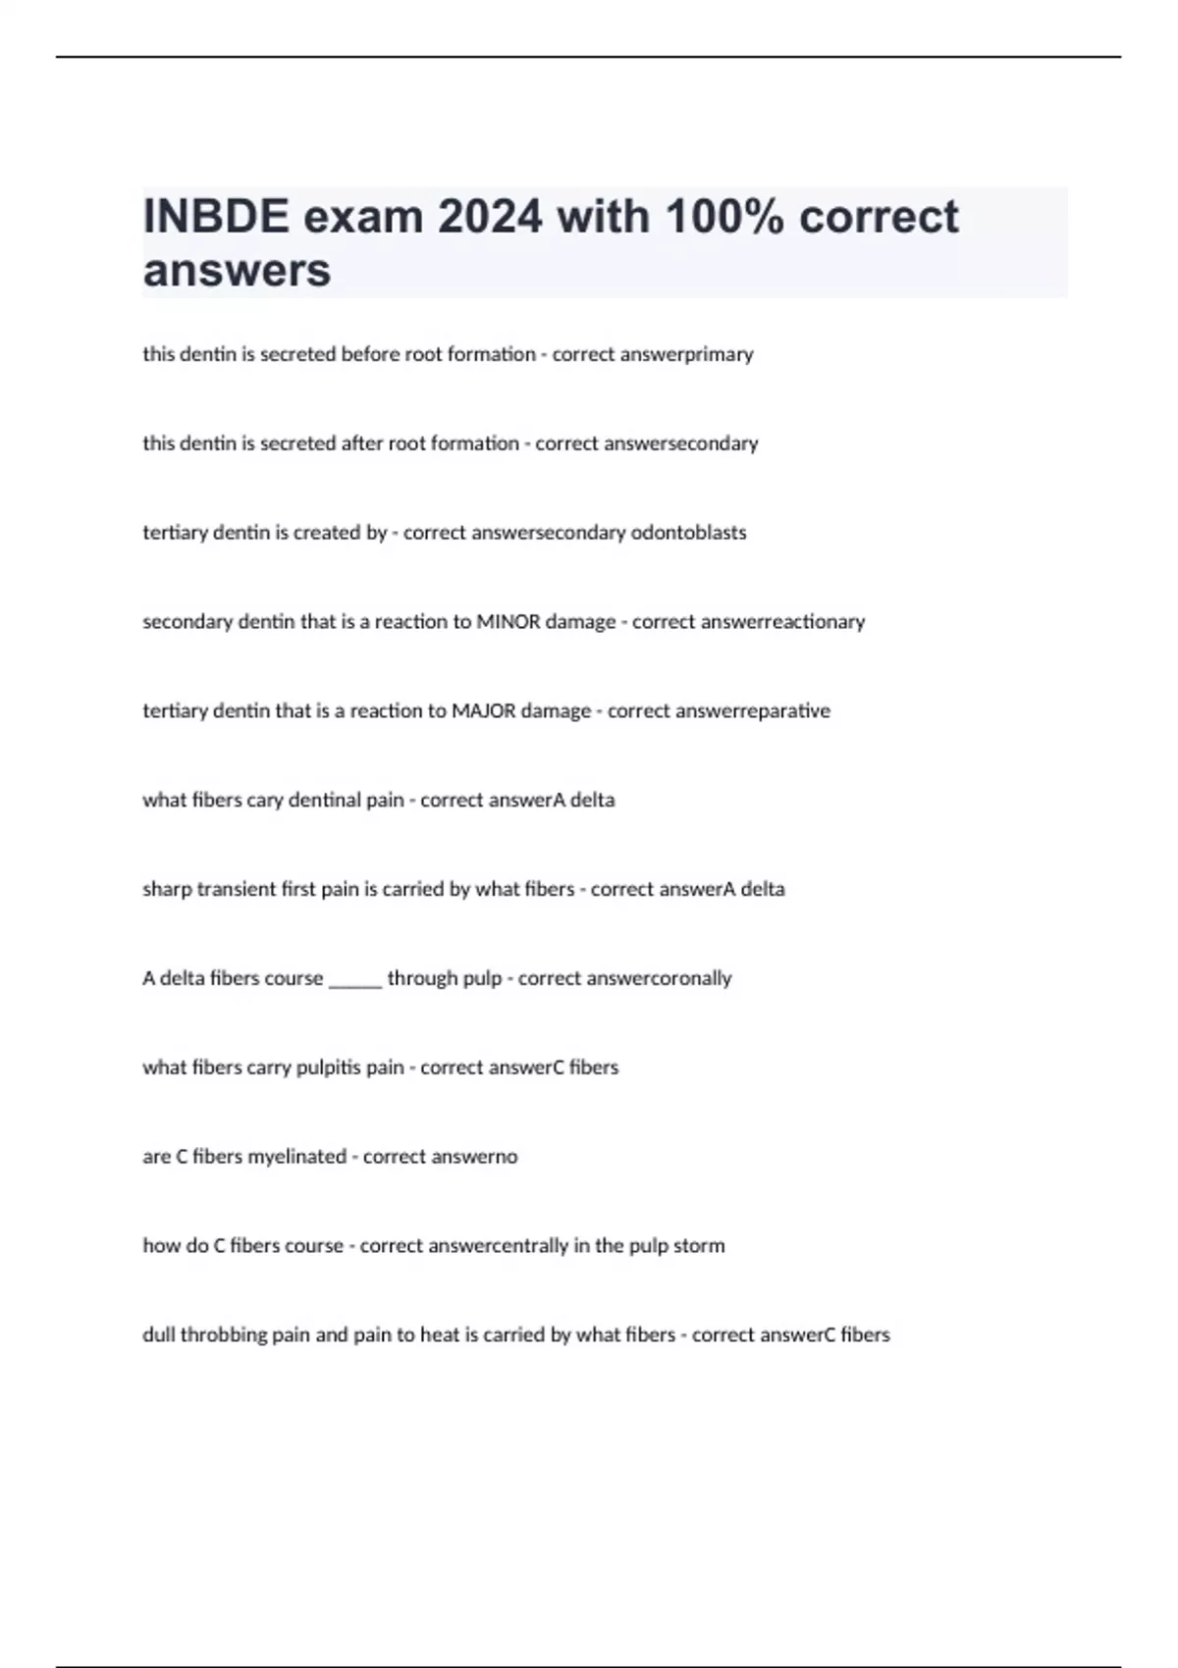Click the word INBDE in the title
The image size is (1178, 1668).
[x=216, y=217]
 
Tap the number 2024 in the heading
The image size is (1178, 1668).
[x=490, y=217]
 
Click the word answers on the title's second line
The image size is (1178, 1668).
[x=237, y=271]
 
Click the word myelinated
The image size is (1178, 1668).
[x=296, y=1157]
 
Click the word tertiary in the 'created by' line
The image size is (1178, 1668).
[x=174, y=533]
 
